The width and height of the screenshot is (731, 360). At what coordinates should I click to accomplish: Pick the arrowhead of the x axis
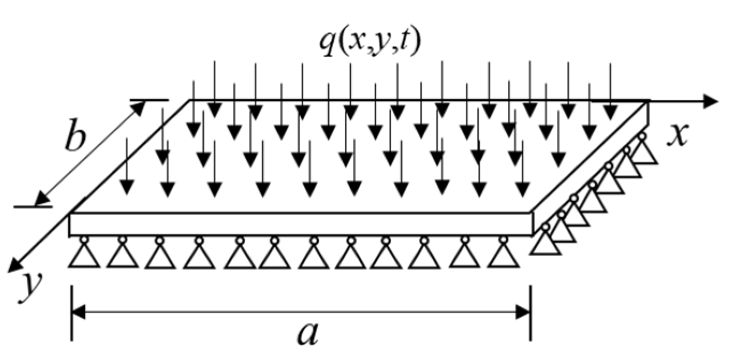711,100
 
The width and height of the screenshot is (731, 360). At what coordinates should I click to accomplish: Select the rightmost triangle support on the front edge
503,255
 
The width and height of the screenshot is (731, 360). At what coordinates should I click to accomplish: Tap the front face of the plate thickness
300,224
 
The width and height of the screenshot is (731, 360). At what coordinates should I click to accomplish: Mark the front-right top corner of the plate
531,214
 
